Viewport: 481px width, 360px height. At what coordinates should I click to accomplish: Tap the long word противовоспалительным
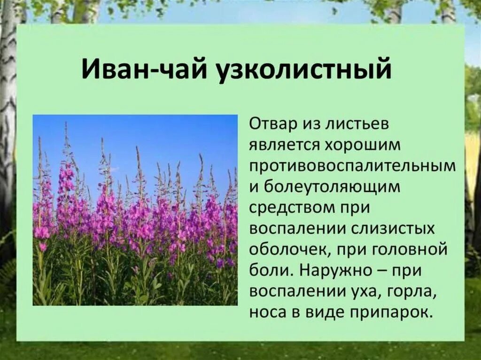pyautogui.click(x=352, y=167)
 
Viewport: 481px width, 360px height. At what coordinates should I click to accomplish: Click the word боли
pyautogui.click(x=267, y=270)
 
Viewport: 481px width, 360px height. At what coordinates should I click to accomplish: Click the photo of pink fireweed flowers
pyautogui.click(x=135, y=210)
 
